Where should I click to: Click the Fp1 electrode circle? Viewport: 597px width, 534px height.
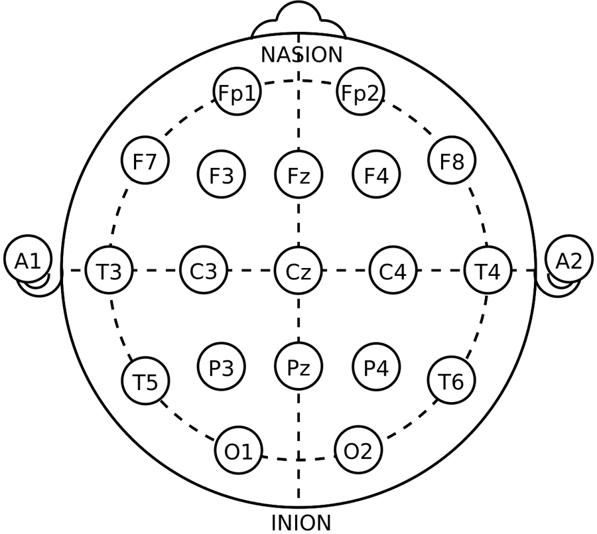click(x=237, y=92)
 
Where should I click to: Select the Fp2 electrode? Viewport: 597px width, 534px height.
click(x=360, y=92)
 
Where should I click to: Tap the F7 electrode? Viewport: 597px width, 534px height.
click(x=145, y=160)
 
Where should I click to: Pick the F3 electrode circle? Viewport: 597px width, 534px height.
click(x=221, y=174)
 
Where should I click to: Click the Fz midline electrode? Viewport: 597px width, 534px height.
click(x=298, y=174)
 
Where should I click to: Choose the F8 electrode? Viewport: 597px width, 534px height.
click(x=452, y=160)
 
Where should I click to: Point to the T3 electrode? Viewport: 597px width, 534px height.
click(x=109, y=270)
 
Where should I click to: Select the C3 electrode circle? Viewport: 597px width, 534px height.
click(x=204, y=270)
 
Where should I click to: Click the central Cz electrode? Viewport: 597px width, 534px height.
click(x=298, y=270)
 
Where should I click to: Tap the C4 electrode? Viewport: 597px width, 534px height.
click(x=393, y=270)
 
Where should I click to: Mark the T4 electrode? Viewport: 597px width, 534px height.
click(x=488, y=270)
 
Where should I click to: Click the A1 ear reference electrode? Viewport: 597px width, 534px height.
click(x=28, y=259)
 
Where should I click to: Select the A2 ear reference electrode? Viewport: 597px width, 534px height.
click(x=569, y=259)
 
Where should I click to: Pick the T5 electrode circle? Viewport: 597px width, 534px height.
click(x=145, y=381)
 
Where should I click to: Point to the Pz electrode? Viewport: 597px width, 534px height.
click(x=298, y=366)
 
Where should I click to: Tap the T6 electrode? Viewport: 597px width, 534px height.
click(x=451, y=379)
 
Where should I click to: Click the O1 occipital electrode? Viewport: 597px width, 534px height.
click(x=239, y=450)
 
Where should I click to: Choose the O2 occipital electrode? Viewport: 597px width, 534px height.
click(x=358, y=450)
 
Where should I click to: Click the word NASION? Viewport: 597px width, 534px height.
click(x=302, y=55)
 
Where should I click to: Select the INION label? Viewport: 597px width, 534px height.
click(x=301, y=523)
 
